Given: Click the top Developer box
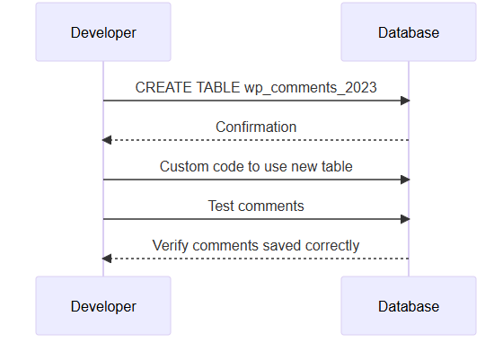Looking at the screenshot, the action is pos(103,31).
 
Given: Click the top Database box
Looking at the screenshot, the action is pos(409,31).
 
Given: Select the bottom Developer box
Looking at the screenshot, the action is pos(103,306).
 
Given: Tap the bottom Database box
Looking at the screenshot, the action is pos(409,306).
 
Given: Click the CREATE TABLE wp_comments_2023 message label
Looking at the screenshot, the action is pos(256,88).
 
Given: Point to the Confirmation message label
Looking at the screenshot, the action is pos(256,127).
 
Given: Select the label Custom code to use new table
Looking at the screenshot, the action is pos(256,166).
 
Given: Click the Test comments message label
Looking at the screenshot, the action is pos(256,206).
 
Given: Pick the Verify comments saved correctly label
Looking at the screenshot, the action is pos(256,246).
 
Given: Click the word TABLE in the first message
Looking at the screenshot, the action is pos(218,87).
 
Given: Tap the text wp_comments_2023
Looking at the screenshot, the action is pos(311,88).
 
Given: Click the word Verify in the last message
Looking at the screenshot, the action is pos(171,246).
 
